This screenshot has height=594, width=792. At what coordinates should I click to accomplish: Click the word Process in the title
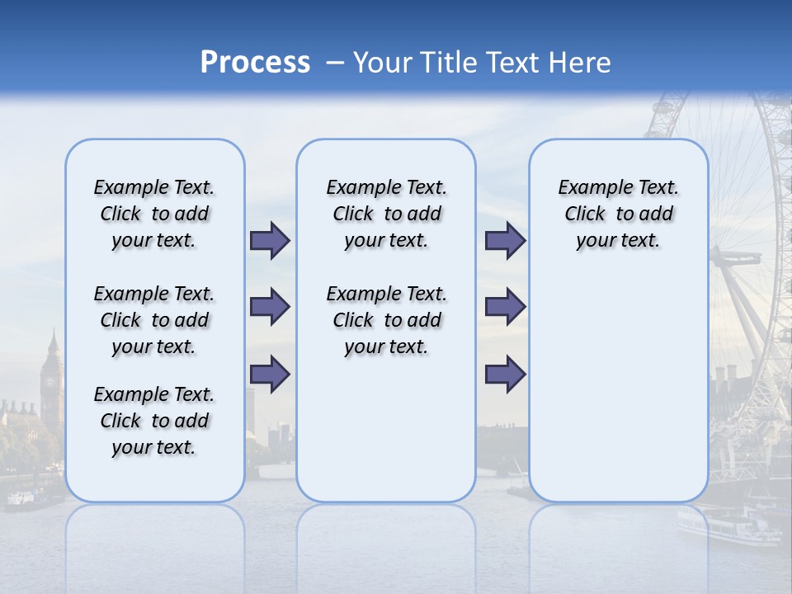255,62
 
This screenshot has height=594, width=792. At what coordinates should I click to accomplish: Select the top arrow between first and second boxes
270,240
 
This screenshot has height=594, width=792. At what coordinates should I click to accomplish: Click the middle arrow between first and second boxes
270,307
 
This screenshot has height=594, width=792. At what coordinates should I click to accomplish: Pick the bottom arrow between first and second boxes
270,374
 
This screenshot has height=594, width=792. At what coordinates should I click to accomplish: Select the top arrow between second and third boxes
505,240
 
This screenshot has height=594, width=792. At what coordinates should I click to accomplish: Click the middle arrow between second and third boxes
505,307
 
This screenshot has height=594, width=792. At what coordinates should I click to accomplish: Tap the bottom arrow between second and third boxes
505,374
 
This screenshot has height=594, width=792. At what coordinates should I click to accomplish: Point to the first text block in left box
154,214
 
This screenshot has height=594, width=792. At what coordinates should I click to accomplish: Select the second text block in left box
154,320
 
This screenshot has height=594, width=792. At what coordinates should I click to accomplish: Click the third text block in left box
154,421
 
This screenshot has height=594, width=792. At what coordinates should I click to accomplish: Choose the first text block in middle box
386,214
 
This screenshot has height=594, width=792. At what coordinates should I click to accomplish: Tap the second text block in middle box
386,320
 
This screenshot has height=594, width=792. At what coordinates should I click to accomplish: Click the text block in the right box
618,214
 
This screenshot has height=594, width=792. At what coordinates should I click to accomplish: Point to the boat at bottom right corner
726,525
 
